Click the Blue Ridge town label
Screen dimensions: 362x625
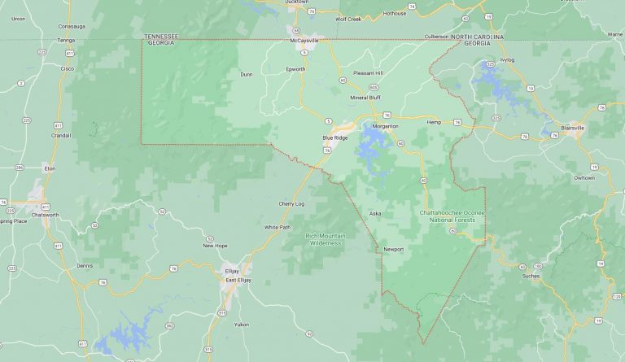(335, 137)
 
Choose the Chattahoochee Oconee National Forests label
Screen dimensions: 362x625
(452, 216)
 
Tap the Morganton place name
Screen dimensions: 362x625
(385, 127)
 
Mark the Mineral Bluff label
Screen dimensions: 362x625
(365, 98)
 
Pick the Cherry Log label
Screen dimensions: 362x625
(291, 203)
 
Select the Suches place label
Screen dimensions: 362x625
(531, 276)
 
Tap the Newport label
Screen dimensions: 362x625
(393, 249)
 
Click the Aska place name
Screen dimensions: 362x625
(375, 213)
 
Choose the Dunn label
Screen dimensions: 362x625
(247, 74)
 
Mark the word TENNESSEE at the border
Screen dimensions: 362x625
(161, 37)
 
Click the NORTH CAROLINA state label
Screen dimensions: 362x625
(477, 37)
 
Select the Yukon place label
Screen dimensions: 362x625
(241, 324)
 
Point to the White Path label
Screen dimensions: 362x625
(277, 227)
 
